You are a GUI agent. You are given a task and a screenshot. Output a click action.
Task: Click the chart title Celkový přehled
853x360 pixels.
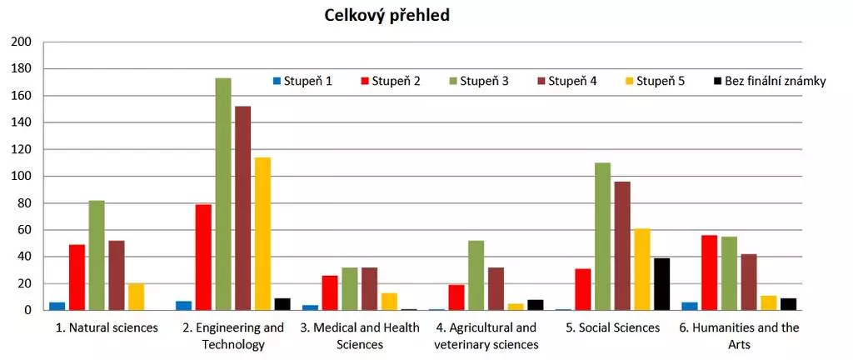[387, 16]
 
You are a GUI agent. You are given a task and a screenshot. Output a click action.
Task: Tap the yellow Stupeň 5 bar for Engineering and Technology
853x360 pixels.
[262, 234]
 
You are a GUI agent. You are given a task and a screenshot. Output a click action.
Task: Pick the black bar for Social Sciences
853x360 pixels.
[662, 284]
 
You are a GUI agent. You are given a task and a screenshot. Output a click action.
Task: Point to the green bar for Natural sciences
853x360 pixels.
[97, 255]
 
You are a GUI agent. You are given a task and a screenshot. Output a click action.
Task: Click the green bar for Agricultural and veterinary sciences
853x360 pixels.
[476, 275]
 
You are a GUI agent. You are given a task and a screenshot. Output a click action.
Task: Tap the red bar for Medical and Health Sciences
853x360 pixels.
[329, 292]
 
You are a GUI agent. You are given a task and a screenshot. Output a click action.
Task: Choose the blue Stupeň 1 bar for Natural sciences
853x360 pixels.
[57, 306]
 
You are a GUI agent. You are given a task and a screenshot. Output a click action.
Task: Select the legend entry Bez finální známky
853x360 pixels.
[769, 81]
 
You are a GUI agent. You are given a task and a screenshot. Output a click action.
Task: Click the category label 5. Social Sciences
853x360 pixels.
[612, 327]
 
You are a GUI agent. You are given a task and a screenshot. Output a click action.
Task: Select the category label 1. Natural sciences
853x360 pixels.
[106, 327]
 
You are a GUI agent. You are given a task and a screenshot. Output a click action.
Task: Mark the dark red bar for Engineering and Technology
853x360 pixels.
[242, 208]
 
